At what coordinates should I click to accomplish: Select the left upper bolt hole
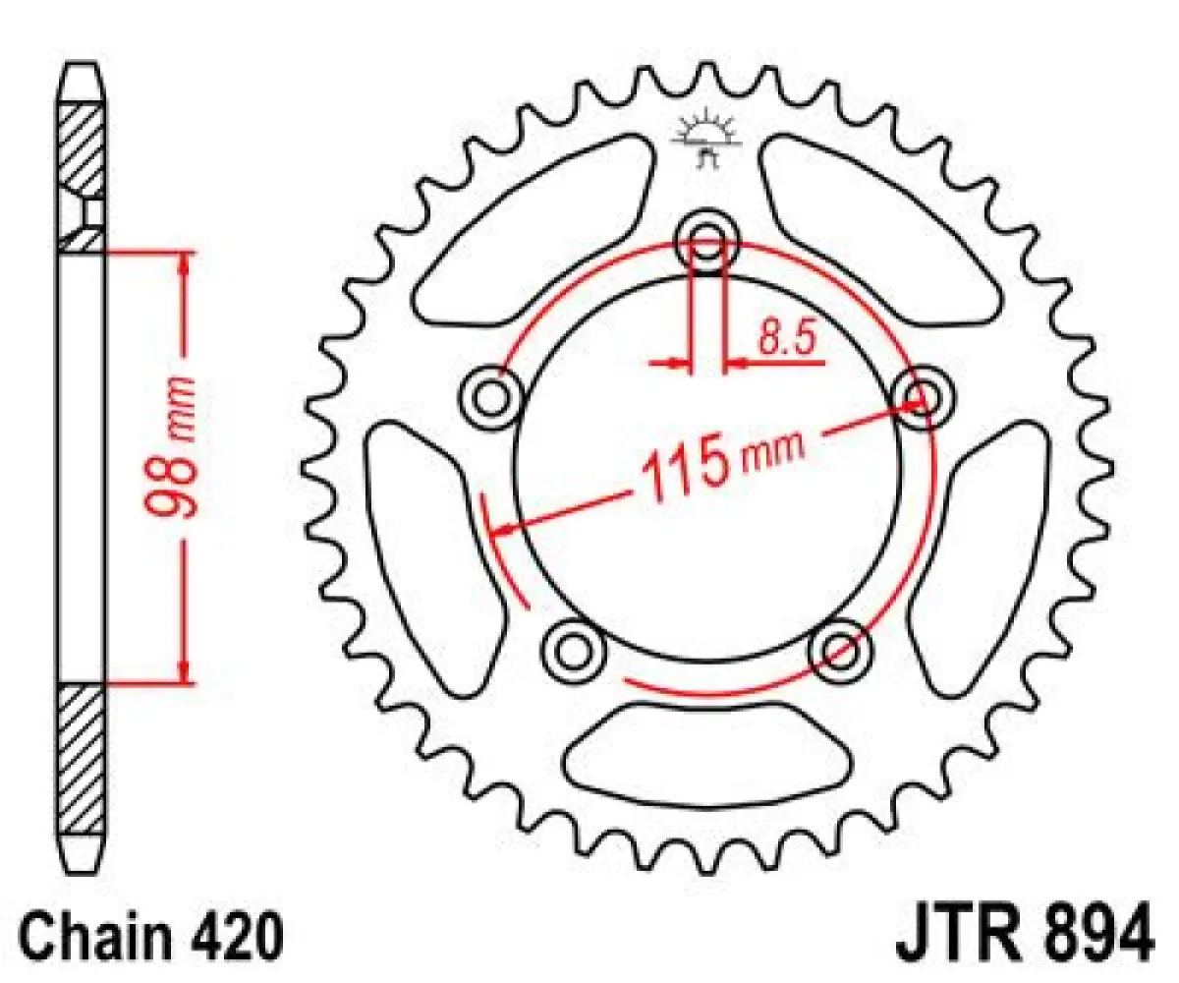pos(488,398)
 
